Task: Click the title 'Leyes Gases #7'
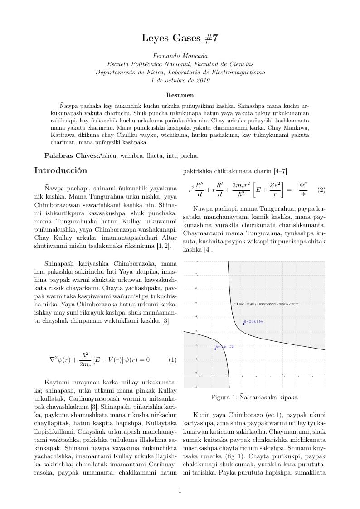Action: (x=180, y=38)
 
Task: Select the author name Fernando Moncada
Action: (x=180, y=56)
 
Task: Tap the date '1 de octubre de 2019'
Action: (x=180, y=80)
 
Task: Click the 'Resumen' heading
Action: (x=180, y=95)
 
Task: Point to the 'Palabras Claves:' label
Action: (x=71, y=155)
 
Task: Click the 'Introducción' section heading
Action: (x=61, y=171)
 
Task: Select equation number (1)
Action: (x=172, y=360)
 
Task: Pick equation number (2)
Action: (x=321, y=189)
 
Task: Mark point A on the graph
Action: (x=215, y=349)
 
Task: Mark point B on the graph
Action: (x=243, y=324)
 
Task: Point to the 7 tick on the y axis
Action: (x=196, y=275)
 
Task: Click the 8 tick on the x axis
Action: (x=312, y=376)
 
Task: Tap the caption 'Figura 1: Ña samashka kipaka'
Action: (x=254, y=398)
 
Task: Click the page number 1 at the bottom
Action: (x=180, y=490)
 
